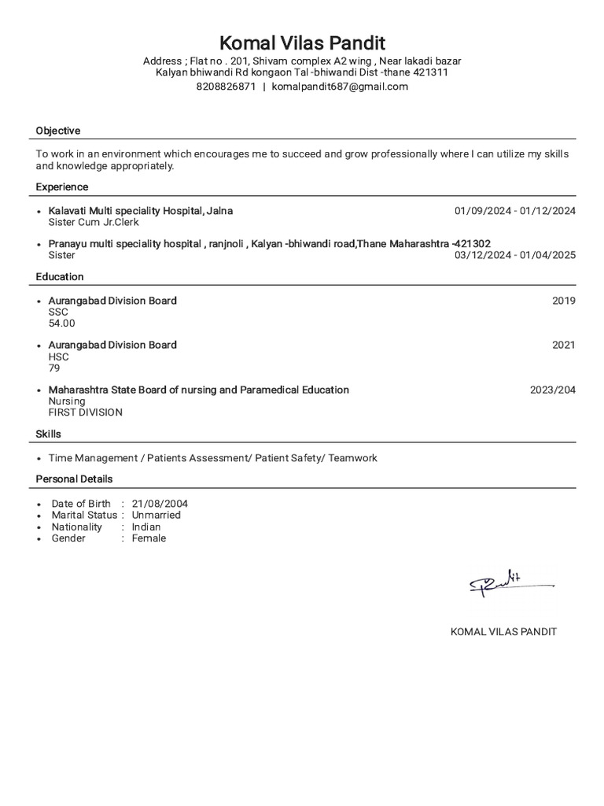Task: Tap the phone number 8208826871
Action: click(x=226, y=87)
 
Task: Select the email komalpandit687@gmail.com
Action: click(x=340, y=87)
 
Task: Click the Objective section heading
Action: click(x=58, y=131)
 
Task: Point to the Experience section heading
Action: click(x=62, y=187)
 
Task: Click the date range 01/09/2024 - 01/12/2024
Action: click(x=514, y=211)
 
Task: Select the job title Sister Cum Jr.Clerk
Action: click(x=94, y=222)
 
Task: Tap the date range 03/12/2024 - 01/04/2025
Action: click(x=514, y=255)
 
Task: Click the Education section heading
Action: click(x=60, y=276)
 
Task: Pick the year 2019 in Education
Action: click(x=563, y=301)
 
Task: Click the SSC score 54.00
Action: click(x=62, y=323)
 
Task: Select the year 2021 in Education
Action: click(x=563, y=345)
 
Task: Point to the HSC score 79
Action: click(x=54, y=368)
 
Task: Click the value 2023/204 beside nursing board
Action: click(x=552, y=390)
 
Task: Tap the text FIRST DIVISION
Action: click(x=85, y=412)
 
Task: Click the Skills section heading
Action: click(x=48, y=434)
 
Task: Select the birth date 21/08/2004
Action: click(x=160, y=504)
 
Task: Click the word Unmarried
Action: click(x=156, y=515)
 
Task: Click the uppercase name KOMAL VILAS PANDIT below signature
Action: click(x=503, y=632)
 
